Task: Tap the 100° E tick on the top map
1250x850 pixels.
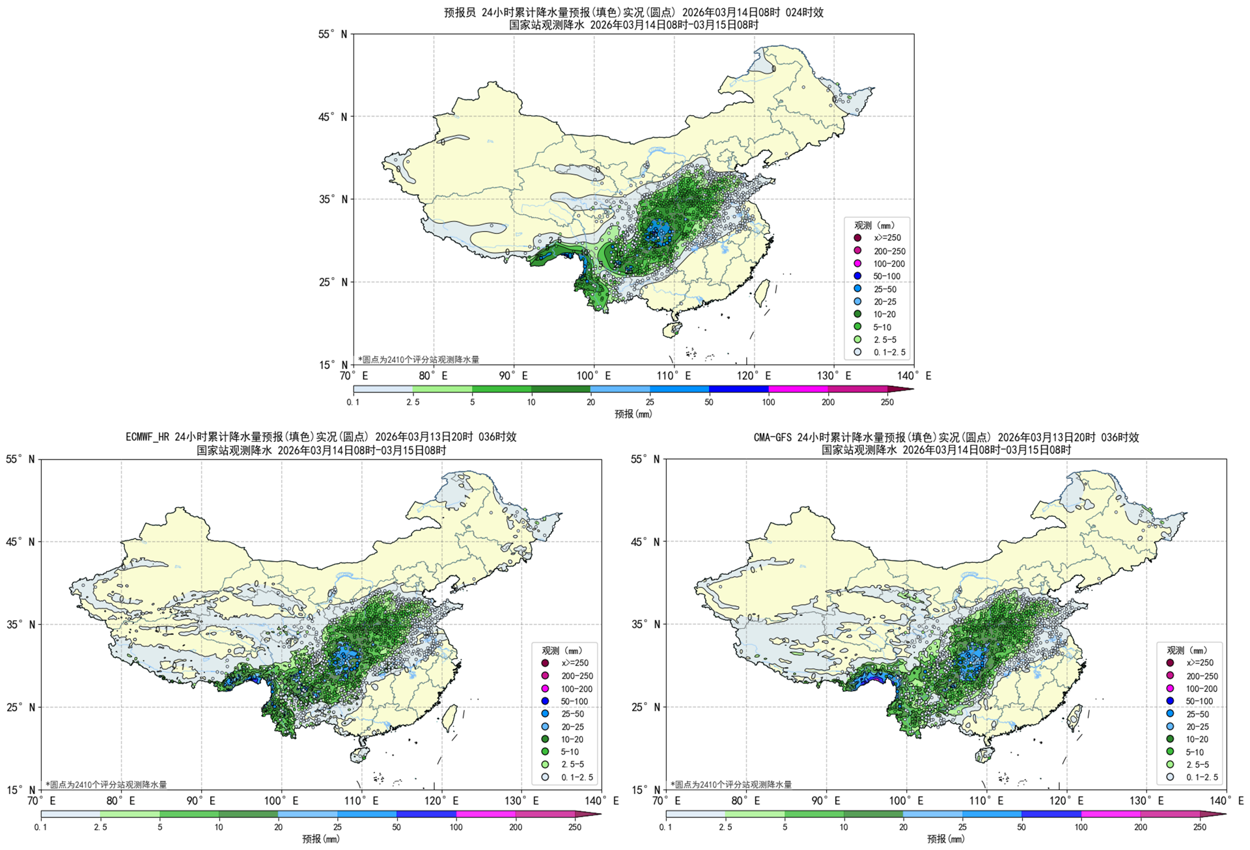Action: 593,376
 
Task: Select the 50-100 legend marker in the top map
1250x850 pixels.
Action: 857,276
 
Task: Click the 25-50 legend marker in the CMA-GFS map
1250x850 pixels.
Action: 1170,714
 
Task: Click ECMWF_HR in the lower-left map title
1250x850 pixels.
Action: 148,437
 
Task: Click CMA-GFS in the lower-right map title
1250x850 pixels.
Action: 773,437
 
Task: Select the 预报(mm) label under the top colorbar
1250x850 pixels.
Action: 633,414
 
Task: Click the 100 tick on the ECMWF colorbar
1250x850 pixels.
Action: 456,827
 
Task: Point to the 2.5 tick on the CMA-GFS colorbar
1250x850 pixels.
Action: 725,827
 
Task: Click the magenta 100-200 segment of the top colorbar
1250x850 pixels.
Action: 798,389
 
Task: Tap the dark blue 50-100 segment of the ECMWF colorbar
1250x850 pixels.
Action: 426,814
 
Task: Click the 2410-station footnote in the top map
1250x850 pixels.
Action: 418,359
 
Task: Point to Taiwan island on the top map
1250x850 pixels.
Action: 762,293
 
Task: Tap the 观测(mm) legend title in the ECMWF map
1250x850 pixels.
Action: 561,650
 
